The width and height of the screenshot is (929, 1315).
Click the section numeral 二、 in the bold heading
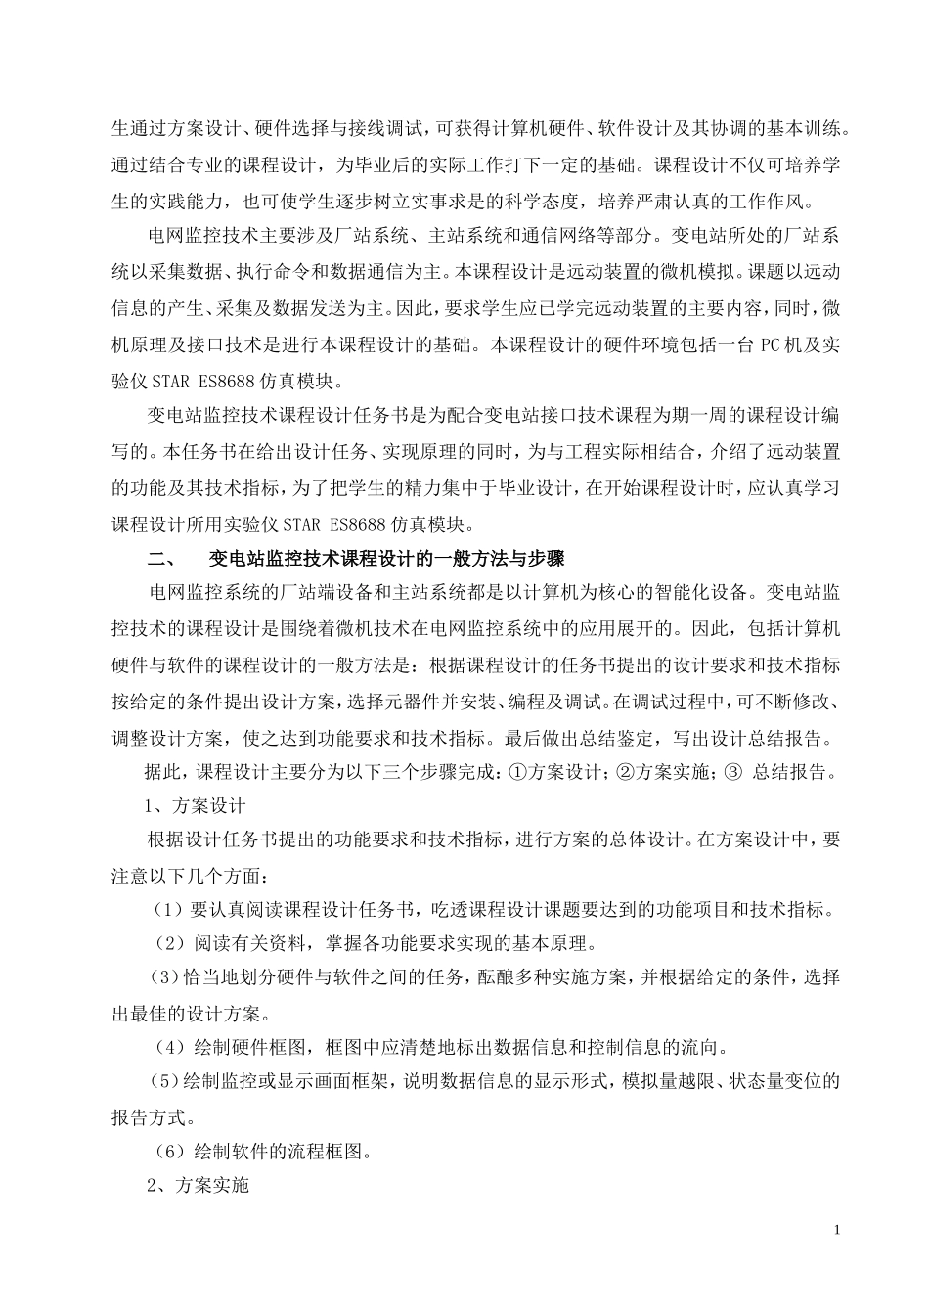159,560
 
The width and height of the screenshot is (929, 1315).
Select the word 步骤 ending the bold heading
545,560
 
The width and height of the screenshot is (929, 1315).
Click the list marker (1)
168,910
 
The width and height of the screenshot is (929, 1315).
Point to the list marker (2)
168,944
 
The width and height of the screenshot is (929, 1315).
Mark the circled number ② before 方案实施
625,772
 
